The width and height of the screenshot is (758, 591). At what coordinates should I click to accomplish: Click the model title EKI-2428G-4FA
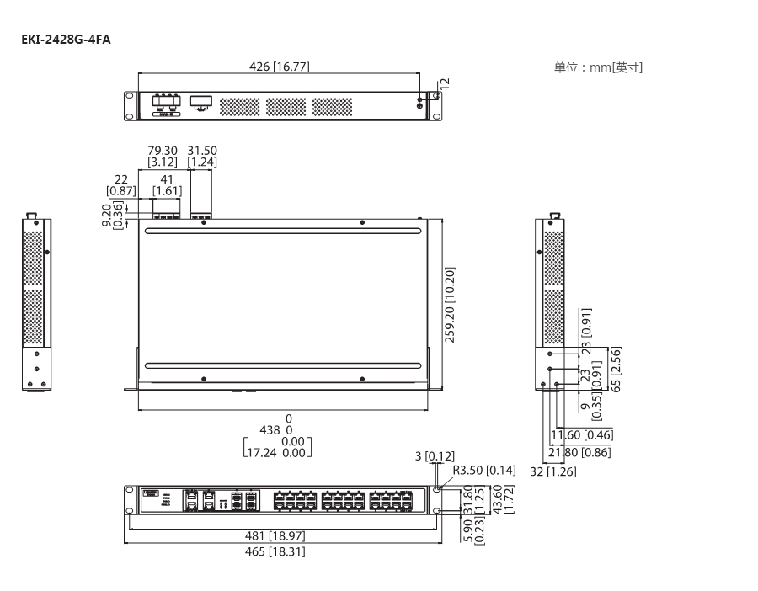coord(66,39)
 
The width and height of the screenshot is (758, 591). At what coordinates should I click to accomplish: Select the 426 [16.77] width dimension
coord(279,67)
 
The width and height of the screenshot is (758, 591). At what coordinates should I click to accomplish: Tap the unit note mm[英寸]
coord(616,67)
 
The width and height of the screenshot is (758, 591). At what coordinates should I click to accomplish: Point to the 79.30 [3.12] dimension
coord(163,156)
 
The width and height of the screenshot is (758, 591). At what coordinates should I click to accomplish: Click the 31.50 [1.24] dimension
coord(202,156)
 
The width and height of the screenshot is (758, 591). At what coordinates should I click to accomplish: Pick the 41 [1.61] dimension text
coord(168,185)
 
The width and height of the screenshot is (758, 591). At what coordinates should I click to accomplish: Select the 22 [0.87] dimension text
coord(120,185)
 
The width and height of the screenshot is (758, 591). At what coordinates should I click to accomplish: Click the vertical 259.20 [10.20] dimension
coord(450,305)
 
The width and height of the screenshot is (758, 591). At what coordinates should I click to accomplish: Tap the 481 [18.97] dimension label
coord(275,535)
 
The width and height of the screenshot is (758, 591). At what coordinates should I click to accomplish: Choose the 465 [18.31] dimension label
coord(275,551)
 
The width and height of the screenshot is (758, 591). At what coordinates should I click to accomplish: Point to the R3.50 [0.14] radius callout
coord(484,471)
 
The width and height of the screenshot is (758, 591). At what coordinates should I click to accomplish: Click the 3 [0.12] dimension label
coord(435,456)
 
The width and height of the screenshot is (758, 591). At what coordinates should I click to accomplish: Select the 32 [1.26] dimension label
coord(553,471)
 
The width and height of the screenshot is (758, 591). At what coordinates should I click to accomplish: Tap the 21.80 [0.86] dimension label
coord(579,452)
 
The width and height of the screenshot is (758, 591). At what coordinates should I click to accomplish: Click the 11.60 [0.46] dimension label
coord(582,435)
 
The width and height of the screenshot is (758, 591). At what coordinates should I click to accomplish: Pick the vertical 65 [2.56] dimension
coord(616,370)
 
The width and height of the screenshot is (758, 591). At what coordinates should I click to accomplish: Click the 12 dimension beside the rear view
coord(446,83)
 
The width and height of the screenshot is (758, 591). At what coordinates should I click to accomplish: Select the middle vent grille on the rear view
coord(286,107)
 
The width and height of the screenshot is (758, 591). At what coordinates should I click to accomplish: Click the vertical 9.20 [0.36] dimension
coord(113,216)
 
